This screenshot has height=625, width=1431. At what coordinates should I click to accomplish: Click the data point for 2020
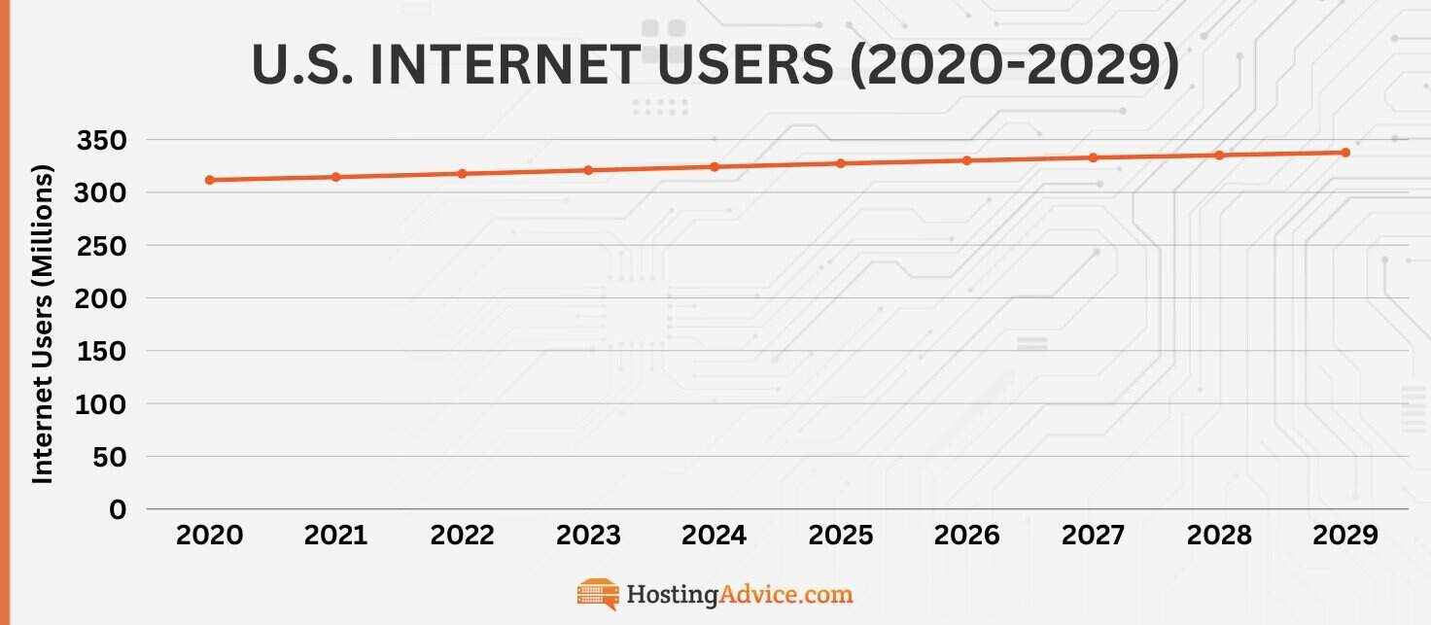pos(210,180)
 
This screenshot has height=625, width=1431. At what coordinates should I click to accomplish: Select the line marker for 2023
pos(588,170)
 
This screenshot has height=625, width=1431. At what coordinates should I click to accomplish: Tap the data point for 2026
pos(966,160)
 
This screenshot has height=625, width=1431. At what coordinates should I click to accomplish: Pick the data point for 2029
pos(1345,153)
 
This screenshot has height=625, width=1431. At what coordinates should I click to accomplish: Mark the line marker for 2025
pos(841,163)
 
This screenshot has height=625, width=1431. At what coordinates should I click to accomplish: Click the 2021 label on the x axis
pos(335,536)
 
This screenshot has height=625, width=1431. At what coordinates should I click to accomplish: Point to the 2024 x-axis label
pos(715,536)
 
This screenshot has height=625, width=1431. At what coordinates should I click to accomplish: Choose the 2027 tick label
pos(1093,536)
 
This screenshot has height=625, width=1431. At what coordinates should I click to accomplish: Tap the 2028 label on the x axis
pos(1219,536)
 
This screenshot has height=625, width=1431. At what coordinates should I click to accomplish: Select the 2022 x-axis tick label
pos(462,536)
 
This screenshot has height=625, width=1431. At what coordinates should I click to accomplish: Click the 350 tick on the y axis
pos(101,141)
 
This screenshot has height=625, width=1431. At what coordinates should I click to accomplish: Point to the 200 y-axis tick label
pos(101,298)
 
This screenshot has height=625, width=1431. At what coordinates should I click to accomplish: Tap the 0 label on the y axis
pos(118,509)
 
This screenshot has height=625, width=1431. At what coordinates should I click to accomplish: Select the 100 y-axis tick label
pos(101,404)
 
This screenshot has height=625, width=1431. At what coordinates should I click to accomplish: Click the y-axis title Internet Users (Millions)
pos(42,324)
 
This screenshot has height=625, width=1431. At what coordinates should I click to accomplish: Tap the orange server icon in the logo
pos(598,593)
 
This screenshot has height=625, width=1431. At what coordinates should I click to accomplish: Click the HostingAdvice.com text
pos(739,593)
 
